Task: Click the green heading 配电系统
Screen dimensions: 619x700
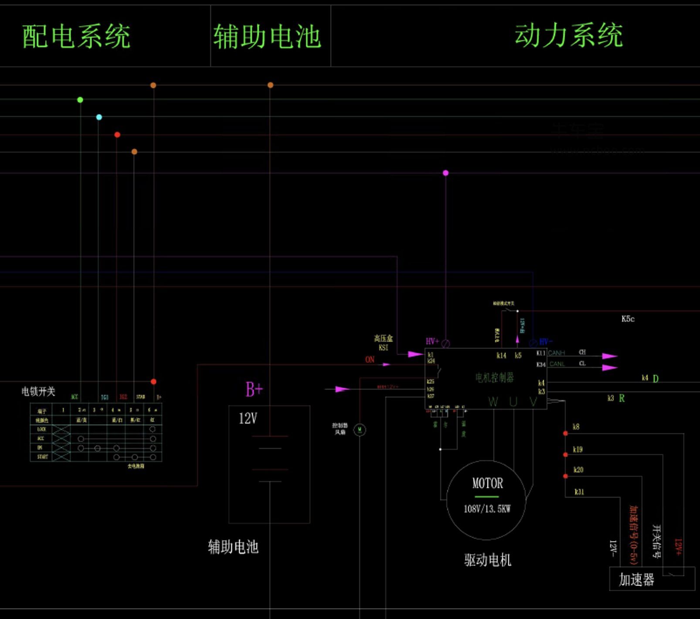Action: tap(76, 36)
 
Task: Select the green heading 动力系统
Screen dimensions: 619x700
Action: tap(569, 35)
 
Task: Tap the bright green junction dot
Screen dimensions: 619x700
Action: tap(80, 100)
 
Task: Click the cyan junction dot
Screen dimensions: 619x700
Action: tap(99, 117)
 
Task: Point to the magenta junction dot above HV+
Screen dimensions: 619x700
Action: tap(445, 173)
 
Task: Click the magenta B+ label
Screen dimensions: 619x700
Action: tap(254, 389)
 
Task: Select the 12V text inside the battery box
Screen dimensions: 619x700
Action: tap(248, 418)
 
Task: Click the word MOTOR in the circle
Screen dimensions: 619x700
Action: tap(487, 483)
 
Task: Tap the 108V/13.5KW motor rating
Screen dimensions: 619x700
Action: tap(487, 509)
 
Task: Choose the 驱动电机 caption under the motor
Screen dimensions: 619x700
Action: tap(487, 560)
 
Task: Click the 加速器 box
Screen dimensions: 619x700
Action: tap(637, 579)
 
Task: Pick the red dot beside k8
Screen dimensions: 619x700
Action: tap(565, 433)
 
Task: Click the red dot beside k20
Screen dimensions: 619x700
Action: tap(565, 476)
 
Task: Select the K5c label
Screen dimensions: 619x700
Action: tap(628, 319)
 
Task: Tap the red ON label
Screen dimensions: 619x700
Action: tap(370, 360)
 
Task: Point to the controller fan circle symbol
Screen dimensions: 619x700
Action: tap(360, 430)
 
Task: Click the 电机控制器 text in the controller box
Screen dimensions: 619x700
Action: tap(494, 377)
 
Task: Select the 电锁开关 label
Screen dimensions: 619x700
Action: tap(38, 391)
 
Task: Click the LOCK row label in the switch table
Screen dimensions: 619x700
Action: tap(41, 429)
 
